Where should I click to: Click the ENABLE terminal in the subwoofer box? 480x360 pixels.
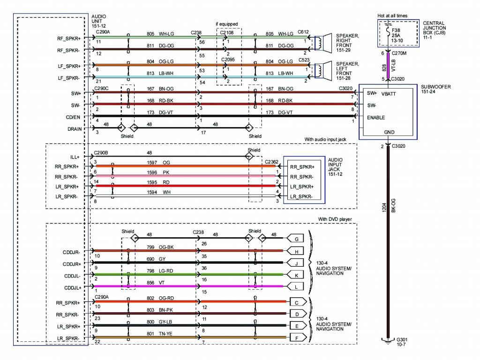click(376, 118)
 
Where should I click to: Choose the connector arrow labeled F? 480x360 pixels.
click(297, 337)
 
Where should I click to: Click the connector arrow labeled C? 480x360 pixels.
click(297, 303)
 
